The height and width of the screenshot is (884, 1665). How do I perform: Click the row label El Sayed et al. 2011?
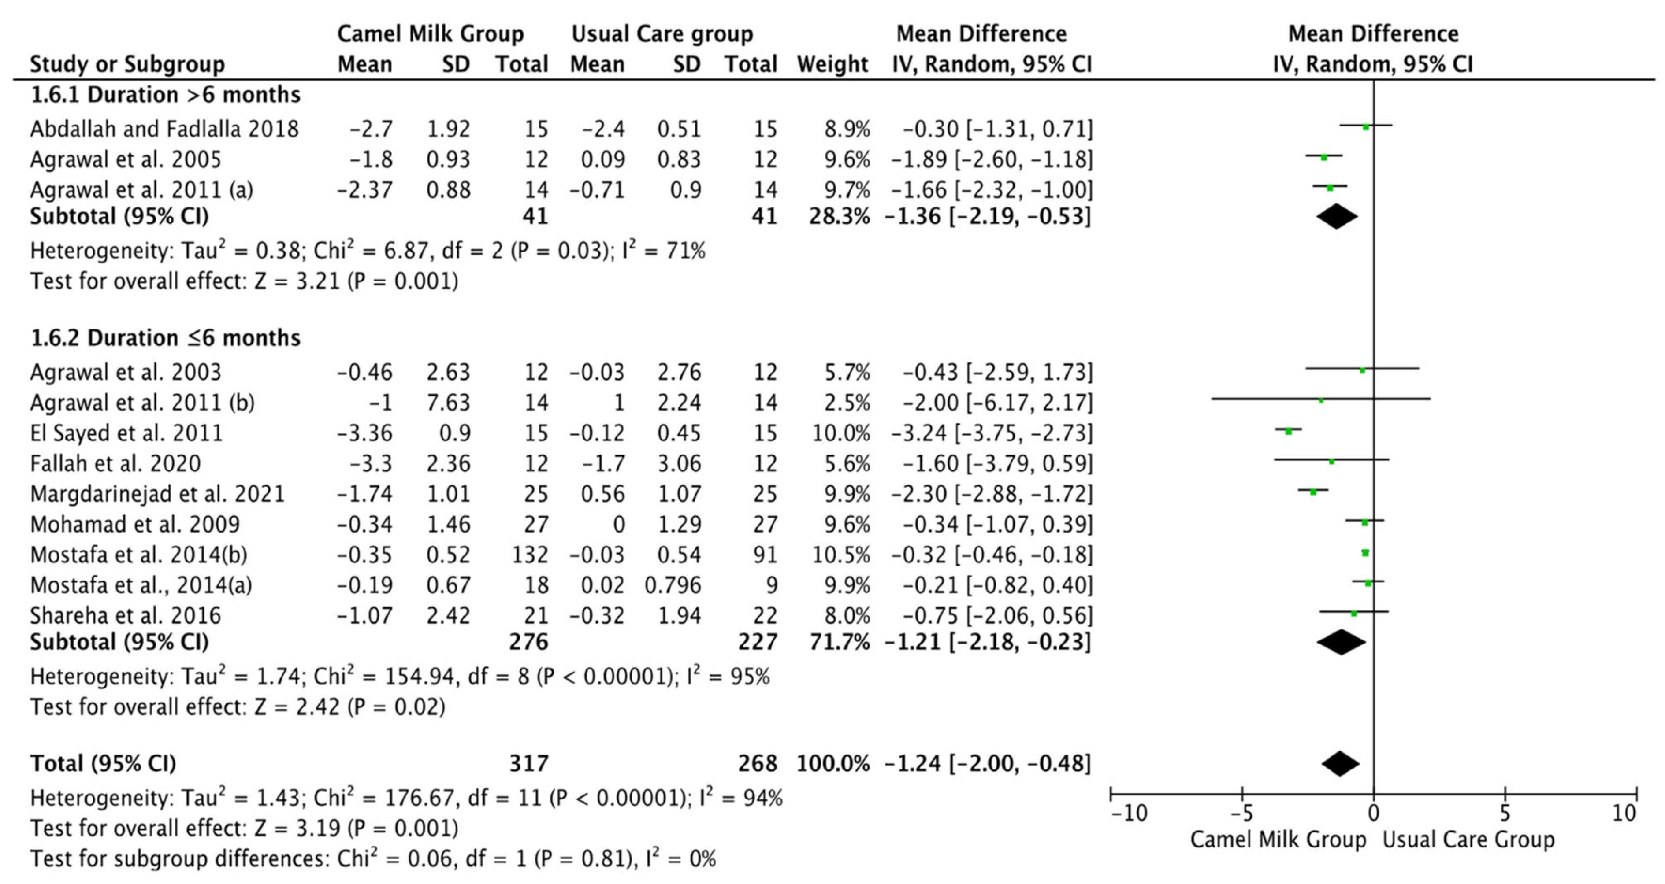pyautogui.click(x=126, y=433)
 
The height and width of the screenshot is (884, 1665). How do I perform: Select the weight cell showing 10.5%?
pyautogui.click(x=841, y=555)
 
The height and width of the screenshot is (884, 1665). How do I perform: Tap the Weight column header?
pyautogui.click(x=832, y=64)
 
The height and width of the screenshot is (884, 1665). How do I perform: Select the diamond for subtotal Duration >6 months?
pyautogui.click(x=1337, y=216)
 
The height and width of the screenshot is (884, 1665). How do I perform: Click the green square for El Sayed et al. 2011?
pyautogui.click(x=1288, y=431)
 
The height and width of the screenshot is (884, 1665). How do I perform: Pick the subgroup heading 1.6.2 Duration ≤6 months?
pyautogui.click(x=165, y=338)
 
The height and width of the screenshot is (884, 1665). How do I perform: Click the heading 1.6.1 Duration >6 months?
pyautogui.click(x=165, y=95)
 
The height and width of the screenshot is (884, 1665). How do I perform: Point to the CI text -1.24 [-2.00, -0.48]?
pyautogui.click(x=987, y=764)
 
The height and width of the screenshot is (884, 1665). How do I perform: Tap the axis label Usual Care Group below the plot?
pyautogui.click(x=1468, y=840)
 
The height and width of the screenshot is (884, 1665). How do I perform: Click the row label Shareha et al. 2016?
pyautogui.click(x=126, y=615)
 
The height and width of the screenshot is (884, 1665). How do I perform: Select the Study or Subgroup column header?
pyautogui.click(x=127, y=64)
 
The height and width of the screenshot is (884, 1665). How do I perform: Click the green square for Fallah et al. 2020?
pyautogui.click(x=1331, y=462)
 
